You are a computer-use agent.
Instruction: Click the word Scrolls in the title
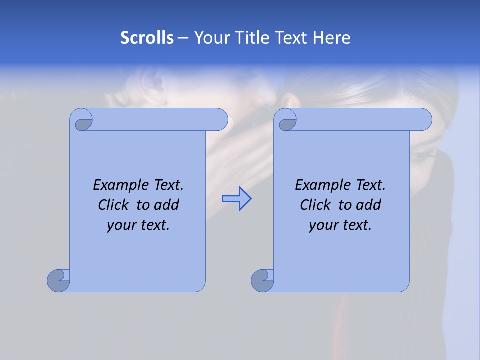click(147, 38)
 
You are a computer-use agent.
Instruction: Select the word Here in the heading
click(331, 38)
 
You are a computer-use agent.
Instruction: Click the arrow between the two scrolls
click(236, 199)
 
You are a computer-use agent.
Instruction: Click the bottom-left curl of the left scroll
click(59, 280)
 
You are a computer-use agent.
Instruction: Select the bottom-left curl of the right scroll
click(263, 280)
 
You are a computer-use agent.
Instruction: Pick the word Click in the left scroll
click(114, 205)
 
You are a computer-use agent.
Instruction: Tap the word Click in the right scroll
click(316, 205)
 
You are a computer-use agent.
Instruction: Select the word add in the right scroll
click(368, 205)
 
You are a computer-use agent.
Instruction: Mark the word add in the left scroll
click(166, 205)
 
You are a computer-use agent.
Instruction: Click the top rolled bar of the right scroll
click(360, 119)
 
